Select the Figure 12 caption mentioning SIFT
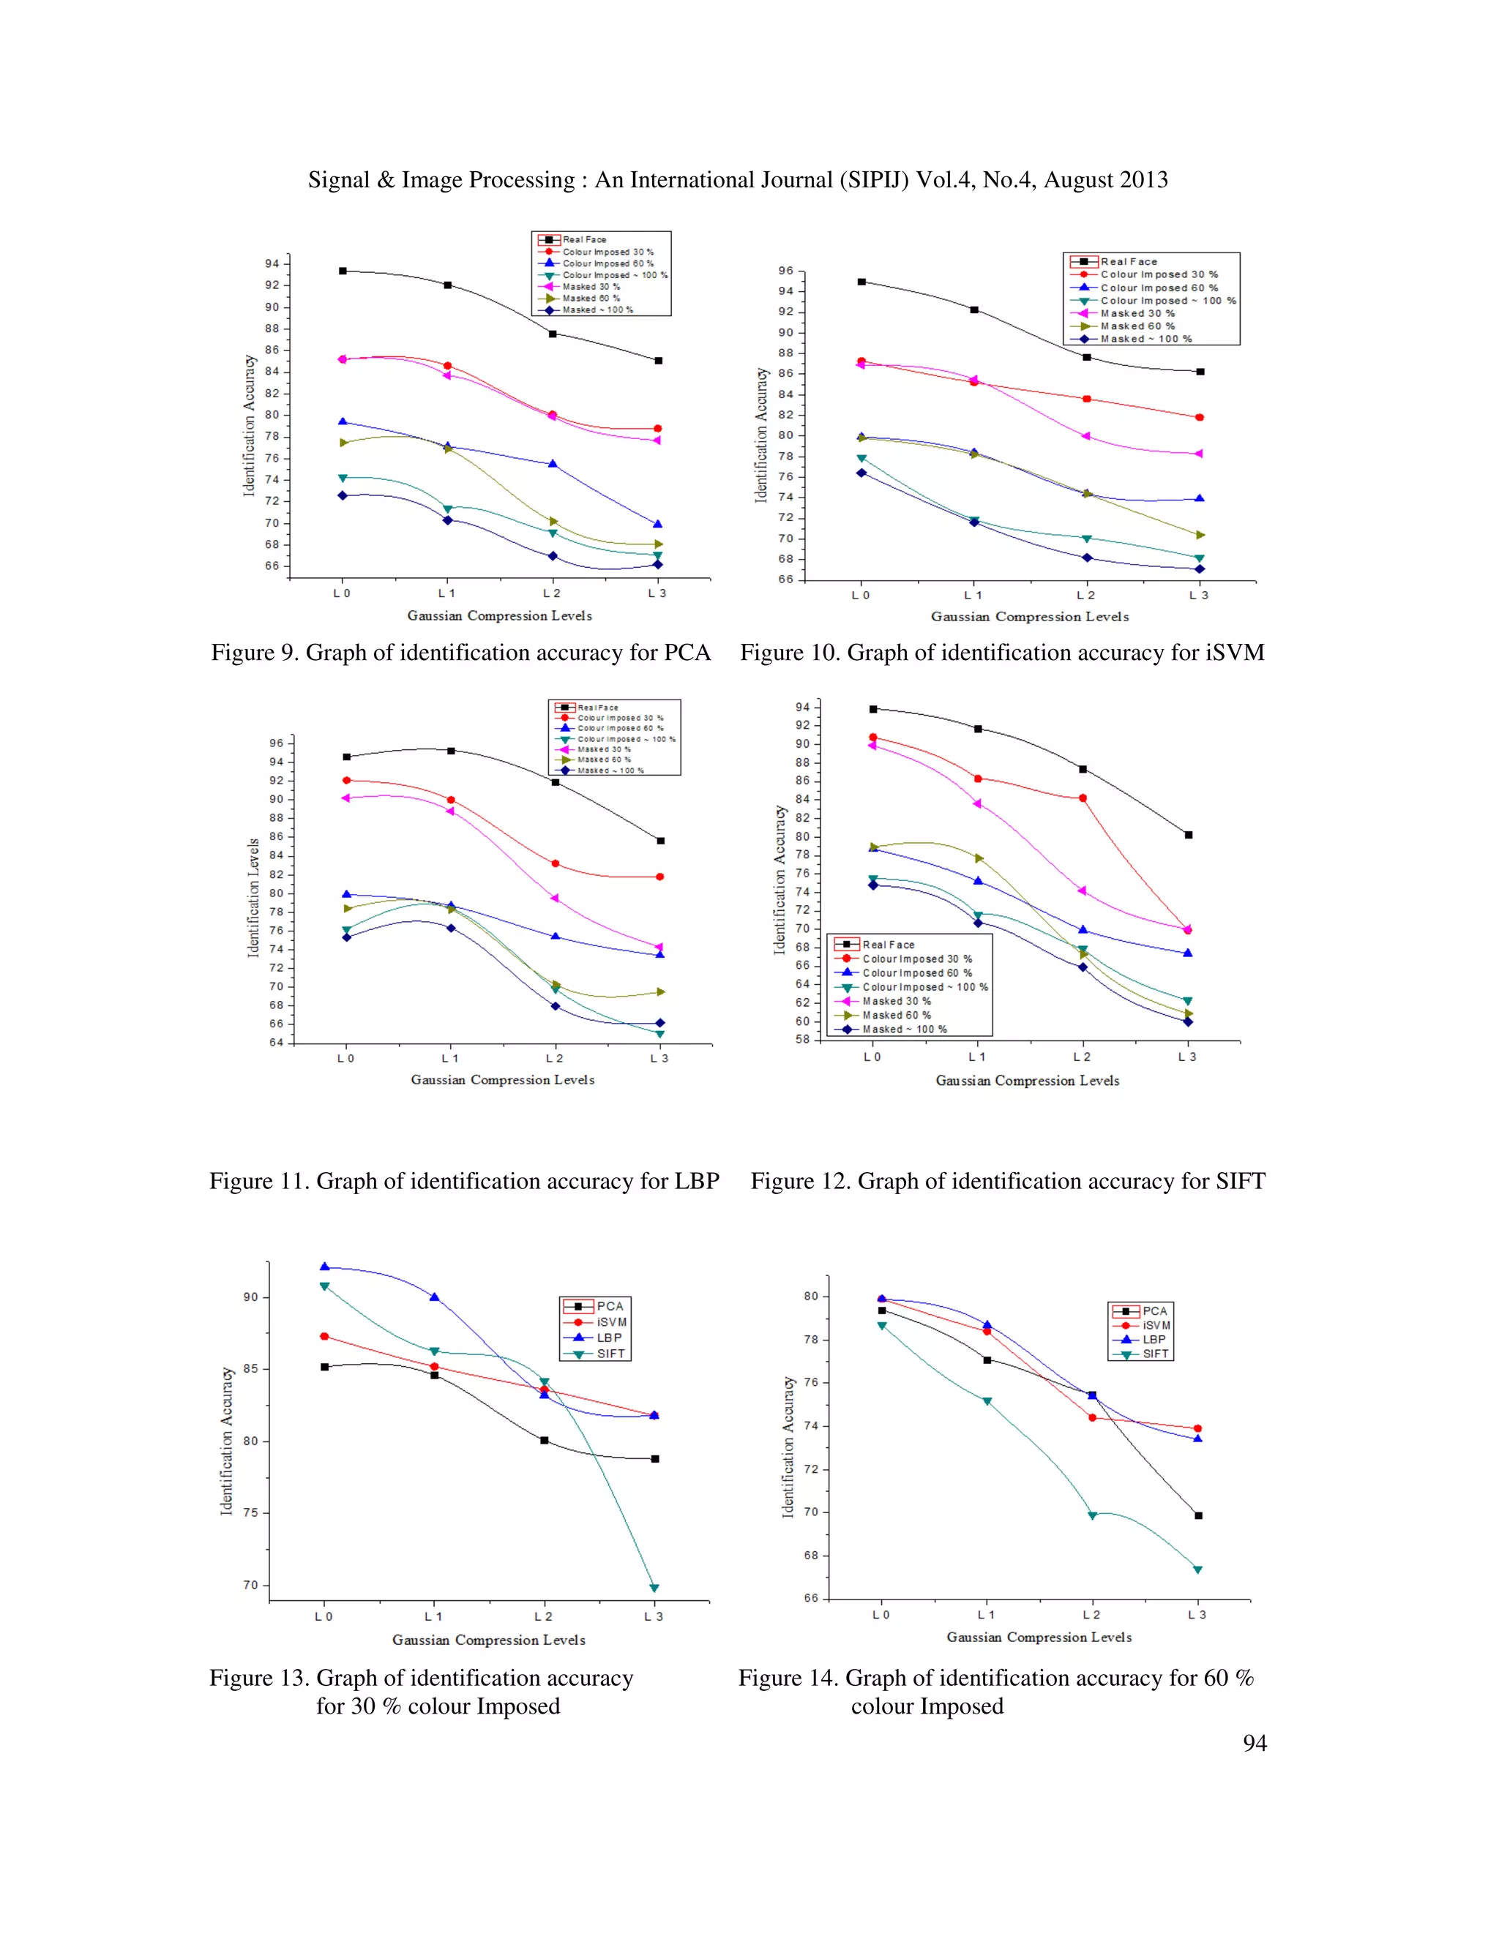(1007, 1181)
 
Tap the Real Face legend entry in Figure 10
(1128, 262)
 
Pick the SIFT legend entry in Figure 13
(610, 1353)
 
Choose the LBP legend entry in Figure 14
(1153, 1339)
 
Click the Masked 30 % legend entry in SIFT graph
(896, 1000)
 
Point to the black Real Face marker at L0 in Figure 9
(343, 271)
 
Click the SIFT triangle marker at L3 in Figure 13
(654, 1589)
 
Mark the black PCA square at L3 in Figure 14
(1198, 1515)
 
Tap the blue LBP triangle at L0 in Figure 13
(324, 1267)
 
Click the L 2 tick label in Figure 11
(554, 1058)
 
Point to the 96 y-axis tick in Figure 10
(785, 271)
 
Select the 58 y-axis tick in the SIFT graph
(802, 1039)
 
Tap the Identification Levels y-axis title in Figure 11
(253, 898)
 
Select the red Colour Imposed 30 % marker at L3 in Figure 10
(1199, 417)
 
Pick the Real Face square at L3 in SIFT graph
(1188, 835)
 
